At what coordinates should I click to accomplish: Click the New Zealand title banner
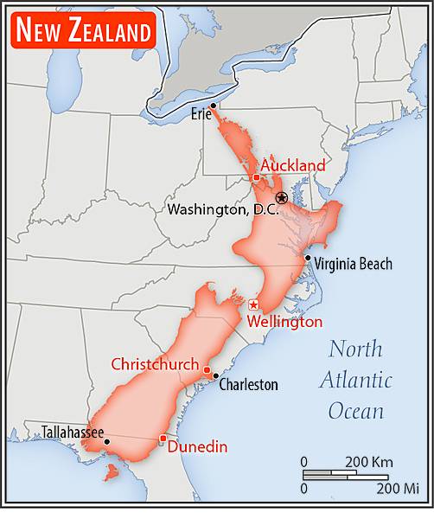click(83, 31)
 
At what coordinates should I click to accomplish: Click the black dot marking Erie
click(214, 106)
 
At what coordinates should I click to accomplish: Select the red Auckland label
click(293, 165)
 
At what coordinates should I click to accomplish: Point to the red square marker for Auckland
click(256, 177)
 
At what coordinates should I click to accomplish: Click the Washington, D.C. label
click(222, 209)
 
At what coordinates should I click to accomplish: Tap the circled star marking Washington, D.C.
click(281, 199)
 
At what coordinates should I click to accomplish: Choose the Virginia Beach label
click(353, 264)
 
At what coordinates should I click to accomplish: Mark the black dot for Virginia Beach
click(307, 258)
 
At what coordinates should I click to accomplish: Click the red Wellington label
click(284, 322)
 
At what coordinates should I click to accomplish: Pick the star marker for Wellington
click(253, 304)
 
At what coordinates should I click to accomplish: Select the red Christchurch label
click(155, 364)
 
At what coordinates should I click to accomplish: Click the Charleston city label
click(248, 384)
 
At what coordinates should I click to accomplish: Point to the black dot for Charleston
click(214, 376)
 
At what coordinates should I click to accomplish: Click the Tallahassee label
click(73, 432)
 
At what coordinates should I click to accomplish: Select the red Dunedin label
click(197, 447)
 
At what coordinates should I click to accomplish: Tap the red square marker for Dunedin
click(163, 439)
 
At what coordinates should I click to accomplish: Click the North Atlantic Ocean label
click(355, 380)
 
